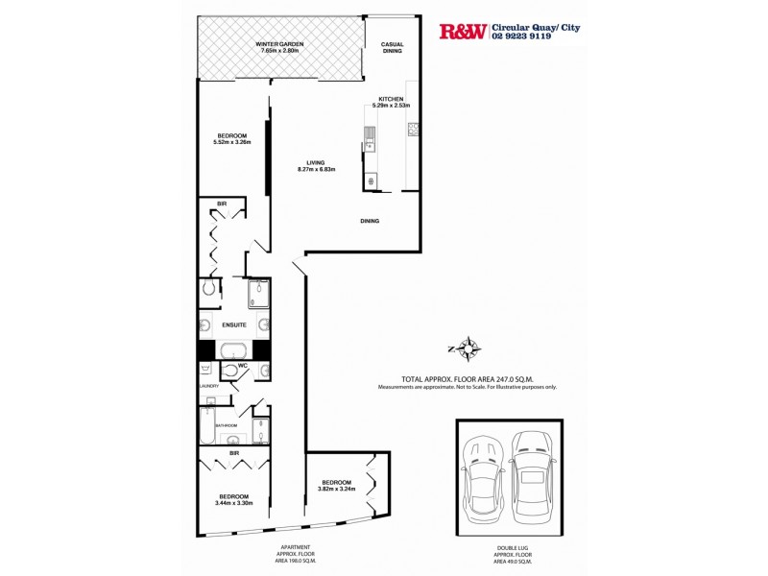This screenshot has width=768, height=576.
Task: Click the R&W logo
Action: [463, 31]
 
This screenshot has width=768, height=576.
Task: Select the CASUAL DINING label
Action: [392, 48]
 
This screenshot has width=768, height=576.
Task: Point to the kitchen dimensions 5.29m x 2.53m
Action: [394, 106]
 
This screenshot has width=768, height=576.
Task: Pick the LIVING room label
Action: [316, 162]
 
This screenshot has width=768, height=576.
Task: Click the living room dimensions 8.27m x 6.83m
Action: [316, 170]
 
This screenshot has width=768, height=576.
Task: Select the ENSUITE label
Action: [234, 325]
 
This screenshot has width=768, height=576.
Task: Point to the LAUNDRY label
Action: [209, 386]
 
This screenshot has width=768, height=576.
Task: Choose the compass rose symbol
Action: [468, 348]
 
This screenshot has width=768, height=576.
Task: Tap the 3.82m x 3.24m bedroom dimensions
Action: [337, 489]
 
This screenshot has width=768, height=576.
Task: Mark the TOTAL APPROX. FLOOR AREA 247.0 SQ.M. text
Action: [468, 379]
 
